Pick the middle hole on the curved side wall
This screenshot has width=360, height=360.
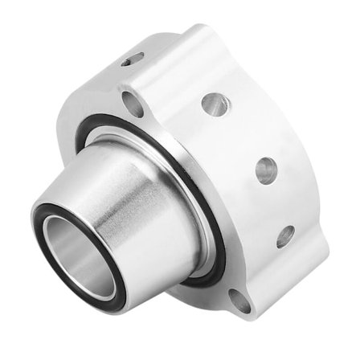[266, 170]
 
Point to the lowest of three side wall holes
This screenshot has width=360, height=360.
[285, 235]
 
